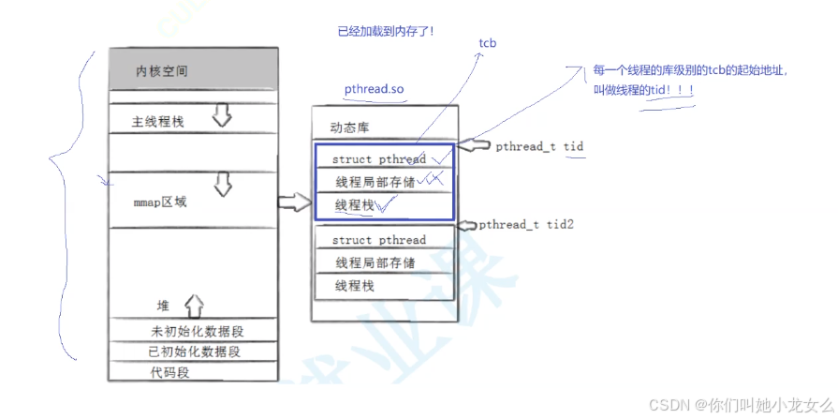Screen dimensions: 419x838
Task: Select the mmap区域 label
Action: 160,201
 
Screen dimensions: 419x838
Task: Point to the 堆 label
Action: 164,307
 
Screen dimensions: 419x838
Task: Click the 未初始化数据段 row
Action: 202,331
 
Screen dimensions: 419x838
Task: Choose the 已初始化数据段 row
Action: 194,352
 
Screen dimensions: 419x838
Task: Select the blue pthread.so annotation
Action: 374,88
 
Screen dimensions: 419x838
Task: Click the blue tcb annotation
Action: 488,43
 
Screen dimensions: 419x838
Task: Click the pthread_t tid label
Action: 540,147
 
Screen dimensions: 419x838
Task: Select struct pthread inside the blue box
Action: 378,159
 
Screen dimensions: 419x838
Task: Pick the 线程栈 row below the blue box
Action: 356,284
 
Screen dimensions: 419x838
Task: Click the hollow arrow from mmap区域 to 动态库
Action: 294,202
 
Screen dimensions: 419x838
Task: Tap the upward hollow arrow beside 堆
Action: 194,305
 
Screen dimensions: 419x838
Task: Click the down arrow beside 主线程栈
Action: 222,115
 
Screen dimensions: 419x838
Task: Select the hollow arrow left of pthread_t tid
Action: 478,146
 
